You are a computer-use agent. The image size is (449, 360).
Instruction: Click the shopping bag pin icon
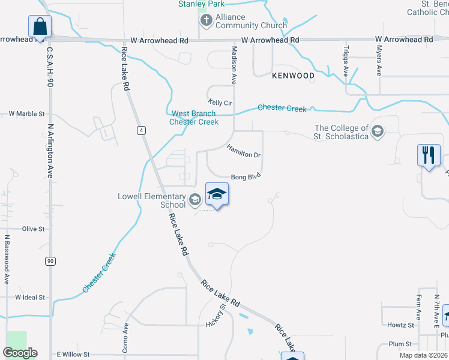(x=40, y=27)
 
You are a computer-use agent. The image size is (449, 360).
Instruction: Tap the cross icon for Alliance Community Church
(x=206, y=21)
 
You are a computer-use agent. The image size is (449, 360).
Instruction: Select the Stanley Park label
(x=200, y=4)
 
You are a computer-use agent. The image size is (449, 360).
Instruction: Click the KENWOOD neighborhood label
(x=293, y=76)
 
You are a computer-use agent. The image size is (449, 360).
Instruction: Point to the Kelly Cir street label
(x=220, y=103)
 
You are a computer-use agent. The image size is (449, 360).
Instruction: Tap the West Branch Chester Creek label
(x=194, y=118)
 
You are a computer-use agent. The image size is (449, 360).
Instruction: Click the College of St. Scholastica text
(x=341, y=131)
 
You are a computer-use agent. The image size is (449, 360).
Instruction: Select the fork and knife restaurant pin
(x=429, y=156)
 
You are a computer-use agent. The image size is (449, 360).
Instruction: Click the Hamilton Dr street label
(x=243, y=151)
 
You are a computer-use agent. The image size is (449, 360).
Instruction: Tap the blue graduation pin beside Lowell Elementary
(x=217, y=194)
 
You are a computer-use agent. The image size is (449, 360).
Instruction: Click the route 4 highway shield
(x=140, y=130)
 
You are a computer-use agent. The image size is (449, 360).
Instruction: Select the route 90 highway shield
(x=50, y=261)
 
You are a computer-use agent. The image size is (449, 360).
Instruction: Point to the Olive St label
(x=34, y=229)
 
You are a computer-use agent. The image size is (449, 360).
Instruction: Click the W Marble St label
(x=26, y=113)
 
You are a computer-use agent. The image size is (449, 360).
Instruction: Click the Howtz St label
(x=400, y=325)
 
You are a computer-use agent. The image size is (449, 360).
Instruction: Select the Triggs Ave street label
(x=346, y=61)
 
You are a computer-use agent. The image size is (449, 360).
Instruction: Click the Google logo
(x=20, y=353)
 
